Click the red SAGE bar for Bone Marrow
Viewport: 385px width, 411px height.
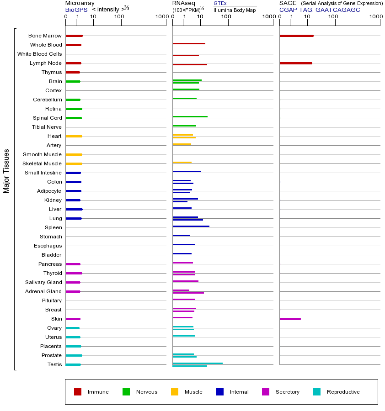(x=296, y=36)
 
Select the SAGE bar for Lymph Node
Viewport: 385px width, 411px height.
(x=296, y=63)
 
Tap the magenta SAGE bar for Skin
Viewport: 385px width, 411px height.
(x=290, y=319)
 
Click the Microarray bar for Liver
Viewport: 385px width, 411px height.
(x=74, y=209)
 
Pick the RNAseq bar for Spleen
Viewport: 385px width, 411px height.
(x=191, y=226)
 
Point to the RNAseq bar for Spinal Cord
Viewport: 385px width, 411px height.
(x=190, y=116)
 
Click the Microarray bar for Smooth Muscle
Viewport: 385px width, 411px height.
(x=74, y=154)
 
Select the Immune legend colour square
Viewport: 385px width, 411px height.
(x=78, y=392)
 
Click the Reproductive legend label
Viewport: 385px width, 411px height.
(x=343, y=392)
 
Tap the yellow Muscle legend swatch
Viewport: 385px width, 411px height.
(x=175, y=392)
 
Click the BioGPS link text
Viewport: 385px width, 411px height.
(x=76, y=10)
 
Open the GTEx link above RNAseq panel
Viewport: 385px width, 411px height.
(x=220, y=4)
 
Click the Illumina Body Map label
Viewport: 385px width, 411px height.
(x=235, y=10)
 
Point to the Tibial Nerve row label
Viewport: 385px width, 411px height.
(x=47, y=127)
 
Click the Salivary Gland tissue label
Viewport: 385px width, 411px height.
(x=43, y=282)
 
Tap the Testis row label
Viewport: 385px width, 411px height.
(x=54, y=364)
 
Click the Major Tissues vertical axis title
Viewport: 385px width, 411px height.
(x=6, y=171)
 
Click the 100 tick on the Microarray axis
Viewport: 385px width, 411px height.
(x=119, y=17)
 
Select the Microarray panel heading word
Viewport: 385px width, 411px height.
(x=80, y=3)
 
